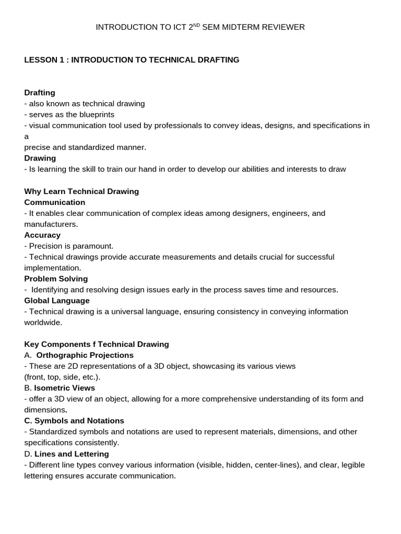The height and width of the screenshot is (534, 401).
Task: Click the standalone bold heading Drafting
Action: (40, 93)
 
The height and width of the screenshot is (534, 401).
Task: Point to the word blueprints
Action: (95, 115)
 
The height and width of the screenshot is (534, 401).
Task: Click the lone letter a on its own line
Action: (27, 137)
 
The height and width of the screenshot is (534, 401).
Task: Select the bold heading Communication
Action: (55, 202)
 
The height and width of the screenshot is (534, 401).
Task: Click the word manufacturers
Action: (50, 224)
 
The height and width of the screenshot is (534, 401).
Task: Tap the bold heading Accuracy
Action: (42, 235)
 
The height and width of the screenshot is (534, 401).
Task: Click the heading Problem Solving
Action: (56, 279)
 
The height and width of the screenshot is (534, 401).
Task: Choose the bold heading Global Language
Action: (57, 301)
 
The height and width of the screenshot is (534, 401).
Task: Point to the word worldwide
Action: (42, 323)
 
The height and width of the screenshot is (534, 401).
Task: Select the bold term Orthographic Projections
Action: (85, 356)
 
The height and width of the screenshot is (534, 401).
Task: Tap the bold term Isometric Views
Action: (65, 388)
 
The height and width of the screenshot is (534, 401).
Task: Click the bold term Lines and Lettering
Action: (72, 454)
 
